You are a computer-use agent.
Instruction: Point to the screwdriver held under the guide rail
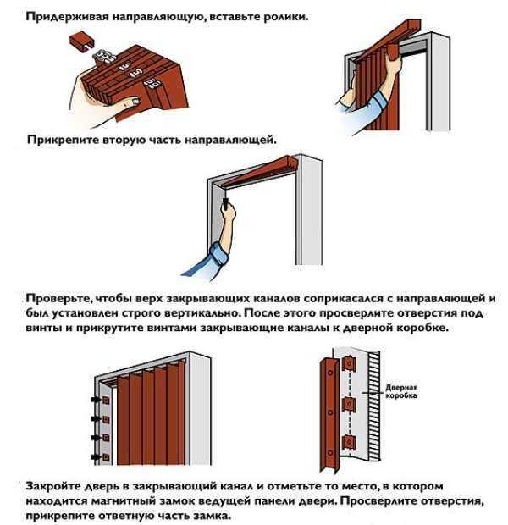coord(226,203)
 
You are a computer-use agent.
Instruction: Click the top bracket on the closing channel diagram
coord(345,366)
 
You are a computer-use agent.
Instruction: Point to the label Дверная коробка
coord(401,390)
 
